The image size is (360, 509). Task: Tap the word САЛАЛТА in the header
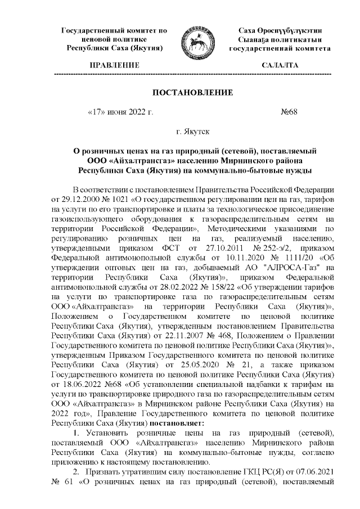click(280, 66)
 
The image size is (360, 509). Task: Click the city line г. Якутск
click(193, 132)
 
